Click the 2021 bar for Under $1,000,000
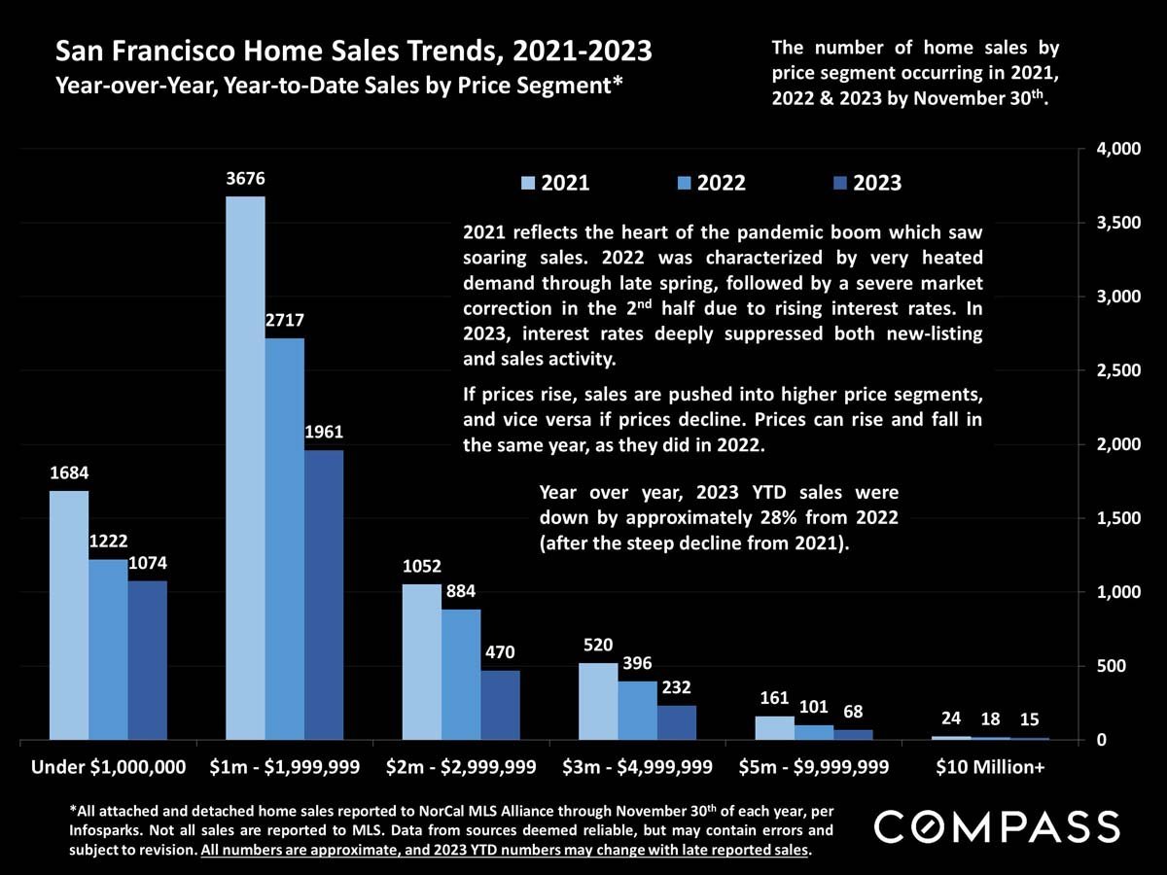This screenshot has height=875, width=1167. click(x=69, y=614)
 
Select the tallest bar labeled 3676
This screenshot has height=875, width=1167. click(x=245, y=468)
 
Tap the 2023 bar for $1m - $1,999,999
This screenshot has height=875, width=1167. click(x=324, y=594)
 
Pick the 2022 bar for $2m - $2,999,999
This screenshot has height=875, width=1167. click(x=461, y=674)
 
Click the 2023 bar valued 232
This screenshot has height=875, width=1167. click(x=676, y=721)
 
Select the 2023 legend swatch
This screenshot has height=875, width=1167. click(x=841, y=183)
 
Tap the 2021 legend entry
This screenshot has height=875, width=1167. click(x=555, y=183)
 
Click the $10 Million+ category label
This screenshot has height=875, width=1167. click(x=989, y=766)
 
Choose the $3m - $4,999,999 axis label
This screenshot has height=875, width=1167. click(x=637, y=766)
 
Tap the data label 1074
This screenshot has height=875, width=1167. click(x=147, y=563)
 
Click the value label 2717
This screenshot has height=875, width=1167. click(x=284, y=320)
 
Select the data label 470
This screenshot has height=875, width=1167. click(x=500, y=652)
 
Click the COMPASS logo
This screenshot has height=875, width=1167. click(x=997, y=827)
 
